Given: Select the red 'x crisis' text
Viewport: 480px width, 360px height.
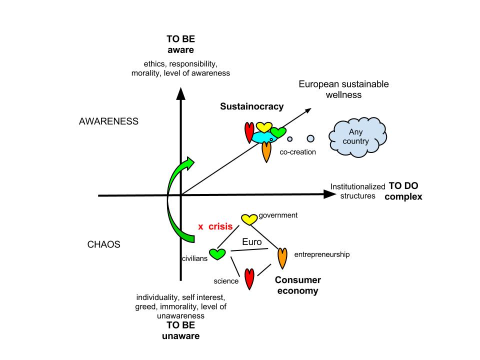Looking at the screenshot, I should click(x=215, y=226).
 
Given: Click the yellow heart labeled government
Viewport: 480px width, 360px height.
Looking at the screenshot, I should click(x=249, y=219).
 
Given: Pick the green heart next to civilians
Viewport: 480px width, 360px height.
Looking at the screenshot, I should click(x=218, y=253).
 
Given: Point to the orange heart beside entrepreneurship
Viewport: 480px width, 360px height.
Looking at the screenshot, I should click(x=282, y=257).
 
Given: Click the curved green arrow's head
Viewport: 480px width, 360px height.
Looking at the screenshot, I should click(x=188, y=162).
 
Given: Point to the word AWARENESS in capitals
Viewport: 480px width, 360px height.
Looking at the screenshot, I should click(x=108, y=121).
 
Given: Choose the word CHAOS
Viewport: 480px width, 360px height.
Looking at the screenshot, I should click(x=104, y=245).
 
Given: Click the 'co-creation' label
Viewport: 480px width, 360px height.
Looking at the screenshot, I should click(x=297, y=151).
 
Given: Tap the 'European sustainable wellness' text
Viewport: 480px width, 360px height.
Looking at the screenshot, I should click(x=343, y=89).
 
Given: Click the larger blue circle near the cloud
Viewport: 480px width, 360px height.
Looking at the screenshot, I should click(x=310, y=138).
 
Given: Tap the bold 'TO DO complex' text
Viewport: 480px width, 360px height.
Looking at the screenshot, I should click(x=403, y=191).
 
